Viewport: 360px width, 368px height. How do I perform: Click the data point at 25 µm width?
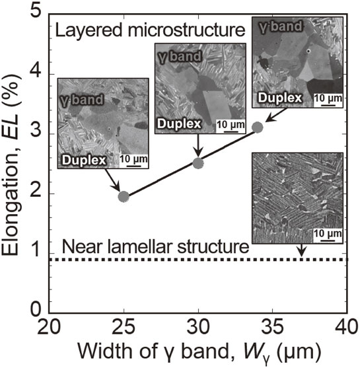pyautogui.click(x=124, y=197)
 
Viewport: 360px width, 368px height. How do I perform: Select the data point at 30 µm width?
pyautogui.click(x=198, y=163)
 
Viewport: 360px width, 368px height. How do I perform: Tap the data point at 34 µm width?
pyautogui.click(x=258, y=128)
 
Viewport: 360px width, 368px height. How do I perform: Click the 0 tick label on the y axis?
pyautogui.click(x=36, y=309)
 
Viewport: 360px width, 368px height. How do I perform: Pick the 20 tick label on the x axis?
pyautogui.click(x=49, y=327)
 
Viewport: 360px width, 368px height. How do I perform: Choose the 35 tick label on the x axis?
pyautogui.click(x=273, y=327)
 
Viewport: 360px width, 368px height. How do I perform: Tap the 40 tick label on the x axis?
pyautogui.click(x=347, y=327)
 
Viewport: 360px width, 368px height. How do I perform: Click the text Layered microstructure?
pyautogui.click(x=150, y=30)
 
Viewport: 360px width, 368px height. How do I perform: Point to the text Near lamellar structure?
pyautogui.click(x=155, y=247)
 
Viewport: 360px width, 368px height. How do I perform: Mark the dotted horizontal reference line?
pyautogui.click(x=198, y=260)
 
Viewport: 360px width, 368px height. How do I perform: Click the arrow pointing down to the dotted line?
pyautogui.click(x=302, y=250)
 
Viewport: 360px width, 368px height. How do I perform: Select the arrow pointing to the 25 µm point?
pyautogui.click(x=113, y=180)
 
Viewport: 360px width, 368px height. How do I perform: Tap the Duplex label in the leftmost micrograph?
pyautogui.click(x=84, y=160)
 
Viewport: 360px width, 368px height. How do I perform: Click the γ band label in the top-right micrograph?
pyautogui.click(x=281, y=26)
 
